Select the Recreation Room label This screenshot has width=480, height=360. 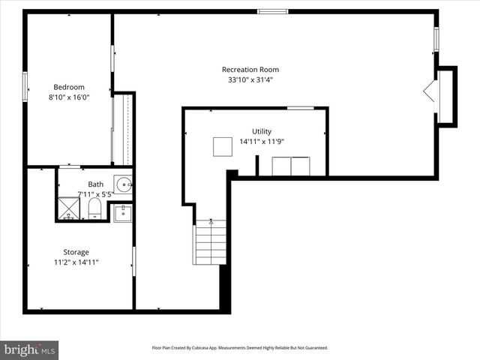(x=250, y=70)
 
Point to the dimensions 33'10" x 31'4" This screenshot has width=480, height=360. (x=250, y=80)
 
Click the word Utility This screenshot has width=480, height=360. (x=262, y=130)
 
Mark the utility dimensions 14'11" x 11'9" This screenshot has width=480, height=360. (x=262, y=141)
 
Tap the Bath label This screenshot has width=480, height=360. (x=96, y=184)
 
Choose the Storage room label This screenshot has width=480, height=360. (x=76, y=252)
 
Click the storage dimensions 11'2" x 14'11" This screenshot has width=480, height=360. (x=76, y=262)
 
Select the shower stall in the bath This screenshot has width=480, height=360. (x=70, y=207)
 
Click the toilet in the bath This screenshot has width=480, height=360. (x=95, y=208)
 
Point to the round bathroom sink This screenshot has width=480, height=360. (x=124, y=183)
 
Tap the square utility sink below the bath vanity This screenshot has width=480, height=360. (x=123, y=212)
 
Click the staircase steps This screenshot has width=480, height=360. (x=210, y=242)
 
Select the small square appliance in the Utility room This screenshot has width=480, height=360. (x=222, y=146)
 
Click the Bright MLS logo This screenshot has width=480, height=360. (x=30, y=349)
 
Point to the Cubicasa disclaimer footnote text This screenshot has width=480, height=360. (x=240, y=348)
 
